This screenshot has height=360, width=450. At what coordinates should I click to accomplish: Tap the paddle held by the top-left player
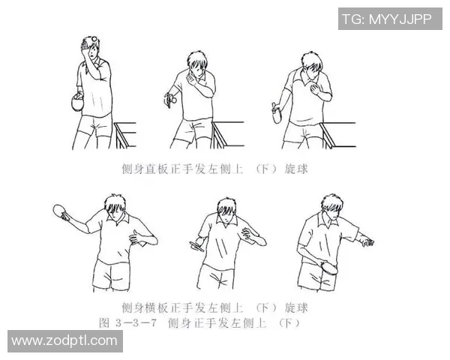pos(75,103)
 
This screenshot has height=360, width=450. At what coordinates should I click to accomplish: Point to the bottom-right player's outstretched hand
pos(365,241)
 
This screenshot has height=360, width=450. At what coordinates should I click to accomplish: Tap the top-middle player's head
pos(196,62)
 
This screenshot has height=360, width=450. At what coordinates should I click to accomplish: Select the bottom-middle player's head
pos(226,211)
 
